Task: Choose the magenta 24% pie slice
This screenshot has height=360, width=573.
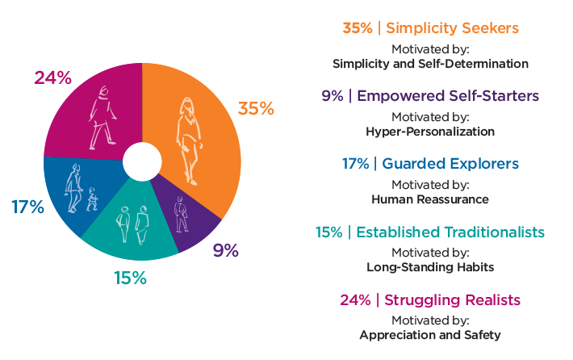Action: (89, 113)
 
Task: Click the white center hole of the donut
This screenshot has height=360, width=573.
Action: (142, 161)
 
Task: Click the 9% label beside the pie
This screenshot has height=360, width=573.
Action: (226, 250)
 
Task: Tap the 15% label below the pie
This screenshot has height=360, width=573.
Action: (129, 278)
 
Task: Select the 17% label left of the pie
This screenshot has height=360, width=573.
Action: (27, 207)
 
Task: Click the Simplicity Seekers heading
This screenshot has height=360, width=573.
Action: (430, 28)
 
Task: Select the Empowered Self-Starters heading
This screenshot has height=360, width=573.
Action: (430, 96)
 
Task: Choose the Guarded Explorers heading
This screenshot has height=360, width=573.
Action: (430, 164)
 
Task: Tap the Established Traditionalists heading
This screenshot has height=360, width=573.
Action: (430, 232)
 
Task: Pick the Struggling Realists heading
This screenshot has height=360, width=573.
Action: (430, 300)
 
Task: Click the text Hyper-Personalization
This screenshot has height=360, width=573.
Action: (430, 131)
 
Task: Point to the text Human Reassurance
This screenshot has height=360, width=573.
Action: (430, 199)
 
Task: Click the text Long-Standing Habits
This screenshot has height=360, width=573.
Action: (430, 266)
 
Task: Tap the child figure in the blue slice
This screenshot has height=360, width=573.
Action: (92, 199)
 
